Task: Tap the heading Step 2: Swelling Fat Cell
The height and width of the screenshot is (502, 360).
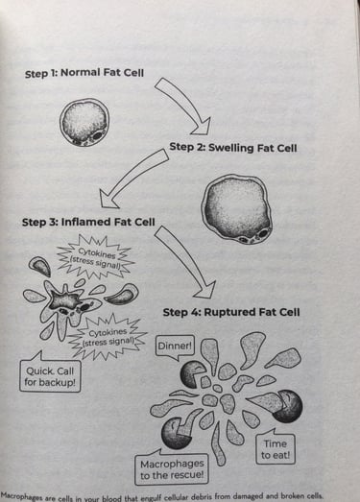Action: pyautogui.click(x=233, y=148)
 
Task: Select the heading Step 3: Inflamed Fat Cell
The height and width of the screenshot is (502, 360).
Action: pyautogui.click(x=87, y=223)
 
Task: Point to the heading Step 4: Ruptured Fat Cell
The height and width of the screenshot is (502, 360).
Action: pyautogui.click(x=231, y=312)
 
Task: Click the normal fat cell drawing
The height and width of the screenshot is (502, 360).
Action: pyautogui.click(x=84, y=122)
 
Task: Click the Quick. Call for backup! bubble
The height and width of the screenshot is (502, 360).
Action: pyautogui.click(x=49, y=376)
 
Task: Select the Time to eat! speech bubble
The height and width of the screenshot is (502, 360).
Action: pyautogui.click(x=275, y=448)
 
